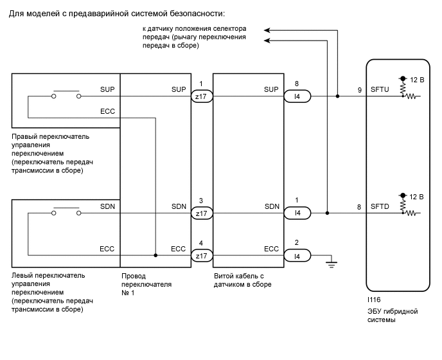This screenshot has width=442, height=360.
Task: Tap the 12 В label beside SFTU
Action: [x=417, y=79]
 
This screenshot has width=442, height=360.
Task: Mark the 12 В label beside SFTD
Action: [x=417, y=195]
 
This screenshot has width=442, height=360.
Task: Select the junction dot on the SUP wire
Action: [x=337, y=96]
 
